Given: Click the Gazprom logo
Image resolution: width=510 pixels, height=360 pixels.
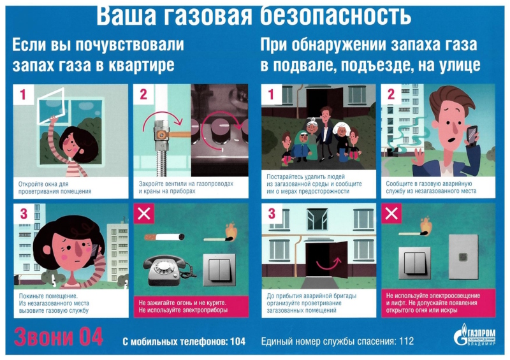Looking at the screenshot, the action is pyautogui.click(x=475, y=335).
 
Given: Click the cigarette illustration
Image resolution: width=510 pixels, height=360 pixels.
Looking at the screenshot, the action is pyautogui.click(x=164, y=237).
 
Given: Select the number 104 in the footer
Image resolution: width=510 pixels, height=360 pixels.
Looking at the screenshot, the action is pyautogui.click(x=237, y=342).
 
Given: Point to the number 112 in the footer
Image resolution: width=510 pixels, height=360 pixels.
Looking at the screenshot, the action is pyautogui.click(x=406, y=341).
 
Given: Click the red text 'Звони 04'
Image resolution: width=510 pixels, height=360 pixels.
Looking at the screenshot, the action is pyautogui.click(x=59, y=336).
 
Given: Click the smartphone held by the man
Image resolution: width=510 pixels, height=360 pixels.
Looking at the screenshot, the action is pyautogui.click(x=471, y=135).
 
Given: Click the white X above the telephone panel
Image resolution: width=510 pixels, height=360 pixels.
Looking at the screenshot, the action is pyautogui.click(x=144, y=213).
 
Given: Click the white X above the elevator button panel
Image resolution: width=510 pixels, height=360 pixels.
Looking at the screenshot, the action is pyautogui.click(x=391, y=213).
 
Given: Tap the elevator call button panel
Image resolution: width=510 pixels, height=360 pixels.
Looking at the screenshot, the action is pyautogui.click(x=463, y=257).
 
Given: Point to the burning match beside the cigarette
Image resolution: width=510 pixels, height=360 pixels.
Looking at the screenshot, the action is pyautogui.click(x=219, y=233).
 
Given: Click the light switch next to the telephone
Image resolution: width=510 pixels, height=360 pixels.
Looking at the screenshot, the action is pyautogui.click(x=219, y=270).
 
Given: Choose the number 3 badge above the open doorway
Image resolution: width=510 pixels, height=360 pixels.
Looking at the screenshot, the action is pyautogui.click(x=272, y=214).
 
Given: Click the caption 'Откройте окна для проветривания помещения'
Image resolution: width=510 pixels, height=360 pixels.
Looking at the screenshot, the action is pyautogui.click(x=55, y=187).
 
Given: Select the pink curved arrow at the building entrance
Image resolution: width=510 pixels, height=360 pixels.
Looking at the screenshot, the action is pyautogui.click(x=328, y=264).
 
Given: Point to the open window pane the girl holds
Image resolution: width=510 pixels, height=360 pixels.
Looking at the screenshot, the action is pyautogui.click(x=50, y=106).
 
